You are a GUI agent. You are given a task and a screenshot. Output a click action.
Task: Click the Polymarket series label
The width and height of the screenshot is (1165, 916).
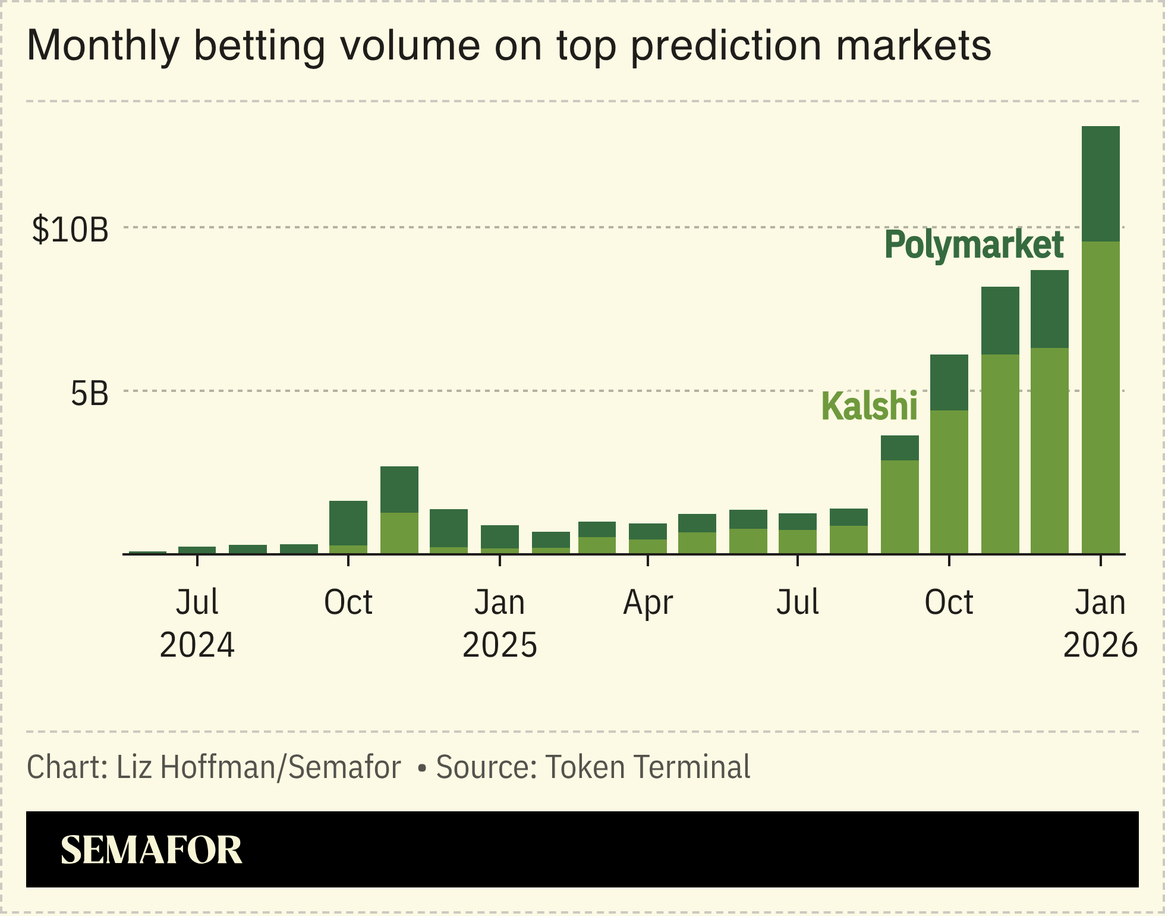tap(974, 245)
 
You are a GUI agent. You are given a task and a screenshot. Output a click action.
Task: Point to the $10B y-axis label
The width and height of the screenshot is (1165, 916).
tap(71, 230)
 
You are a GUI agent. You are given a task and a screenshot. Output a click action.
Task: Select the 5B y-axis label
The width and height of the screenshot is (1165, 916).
tap(90, 394)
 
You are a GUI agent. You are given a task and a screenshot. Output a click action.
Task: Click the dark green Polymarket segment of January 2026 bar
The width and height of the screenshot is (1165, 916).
tap(1100, 184)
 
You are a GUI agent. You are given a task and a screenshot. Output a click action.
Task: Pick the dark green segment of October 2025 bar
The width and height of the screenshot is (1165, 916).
tap(949, 382)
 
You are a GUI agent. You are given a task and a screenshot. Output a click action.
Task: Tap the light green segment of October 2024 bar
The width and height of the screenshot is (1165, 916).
tap(348, 549)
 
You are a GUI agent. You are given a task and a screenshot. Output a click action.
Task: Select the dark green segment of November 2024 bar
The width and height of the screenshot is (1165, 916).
tap(399, 489)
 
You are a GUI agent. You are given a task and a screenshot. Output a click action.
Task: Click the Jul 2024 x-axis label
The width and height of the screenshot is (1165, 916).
tap(197, 623)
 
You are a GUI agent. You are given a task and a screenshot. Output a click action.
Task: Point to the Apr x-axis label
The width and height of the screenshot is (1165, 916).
tap(648, 603)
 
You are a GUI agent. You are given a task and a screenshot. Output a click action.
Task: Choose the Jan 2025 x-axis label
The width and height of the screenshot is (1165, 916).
tap(500, 623)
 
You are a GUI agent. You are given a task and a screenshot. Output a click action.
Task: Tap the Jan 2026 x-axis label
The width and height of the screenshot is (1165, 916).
tap(1100, 623)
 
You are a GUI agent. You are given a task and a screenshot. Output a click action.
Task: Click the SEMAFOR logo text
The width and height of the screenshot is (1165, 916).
tap(152, 850)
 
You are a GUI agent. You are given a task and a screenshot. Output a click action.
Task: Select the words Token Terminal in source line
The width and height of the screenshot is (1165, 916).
tap(648, 767)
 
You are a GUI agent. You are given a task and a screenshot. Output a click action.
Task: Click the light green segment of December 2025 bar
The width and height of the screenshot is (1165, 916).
tap(1050, 450)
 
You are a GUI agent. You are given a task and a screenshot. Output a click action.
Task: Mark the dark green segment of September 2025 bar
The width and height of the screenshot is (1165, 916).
tap(899, 447)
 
